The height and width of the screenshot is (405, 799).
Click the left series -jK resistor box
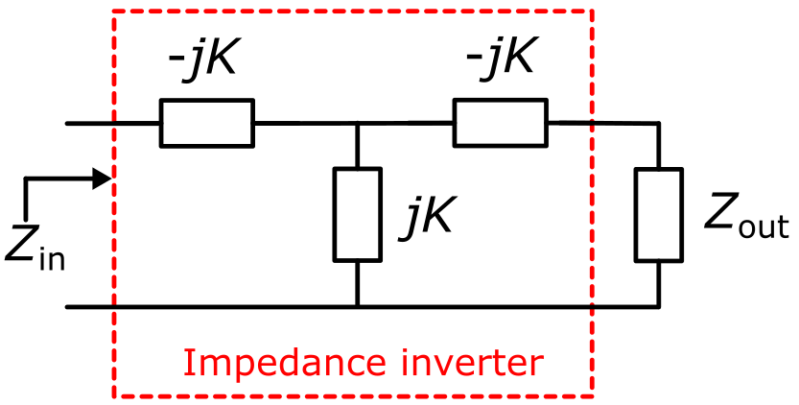207,123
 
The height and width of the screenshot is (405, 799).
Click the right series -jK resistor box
501,123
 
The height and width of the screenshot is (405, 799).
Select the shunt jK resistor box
357,214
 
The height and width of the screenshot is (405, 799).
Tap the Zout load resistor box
659,214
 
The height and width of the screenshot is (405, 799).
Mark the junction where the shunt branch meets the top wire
357,123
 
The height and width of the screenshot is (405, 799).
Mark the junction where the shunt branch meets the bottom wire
357,307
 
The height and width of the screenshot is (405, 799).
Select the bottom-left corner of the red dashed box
114,395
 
